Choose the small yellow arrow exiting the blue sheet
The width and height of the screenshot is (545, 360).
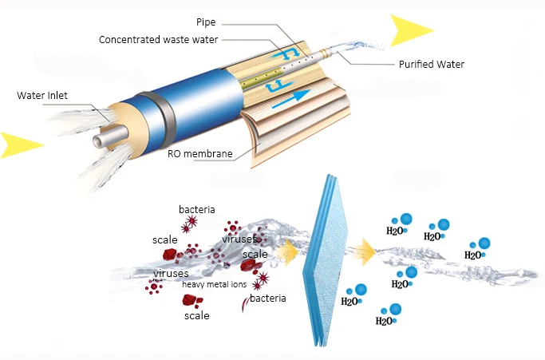pos(365,253)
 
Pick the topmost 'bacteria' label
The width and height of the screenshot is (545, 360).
pos(196,210)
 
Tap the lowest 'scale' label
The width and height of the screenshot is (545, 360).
pos(196,316)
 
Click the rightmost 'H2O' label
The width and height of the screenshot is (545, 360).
pos(473,255)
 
